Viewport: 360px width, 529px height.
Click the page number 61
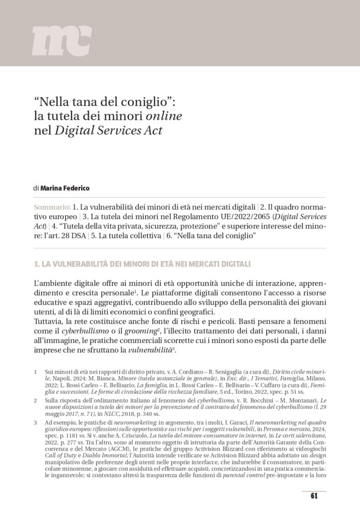(x=314, y=496)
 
